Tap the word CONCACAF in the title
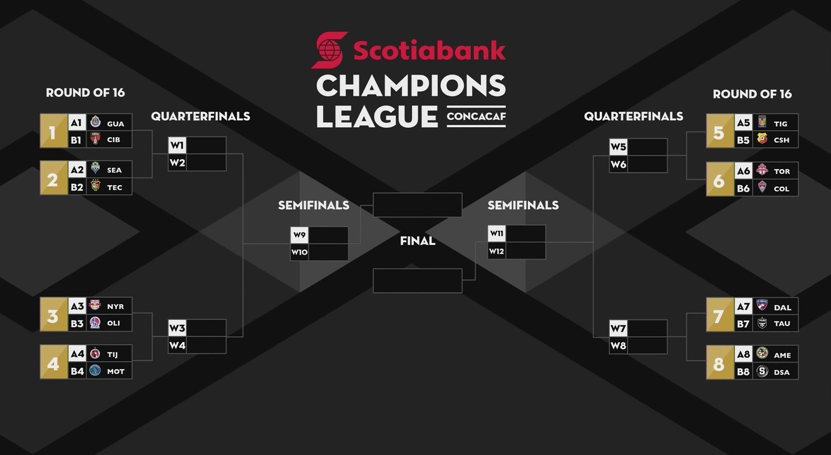pos(476,116)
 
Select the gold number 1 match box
pos(54,131)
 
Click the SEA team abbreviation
pos(115,170)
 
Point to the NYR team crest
pos(95,305)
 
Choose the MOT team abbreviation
pos(116,372)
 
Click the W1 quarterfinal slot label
pos(177,145)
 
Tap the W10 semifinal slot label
pos(299,252)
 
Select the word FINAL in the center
pos(418,241)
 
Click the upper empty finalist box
pos(418,205)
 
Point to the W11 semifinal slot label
pos(497,233)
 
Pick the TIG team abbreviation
pos(780,124)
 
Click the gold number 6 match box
pos(720,180)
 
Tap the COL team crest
pos(762,187)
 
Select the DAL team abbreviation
pos(783,308)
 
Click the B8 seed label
pos(743,372)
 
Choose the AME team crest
pos(762,353)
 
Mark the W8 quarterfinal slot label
pos(618,346)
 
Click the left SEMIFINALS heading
pos(314,205)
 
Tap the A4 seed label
pos(78,353)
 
